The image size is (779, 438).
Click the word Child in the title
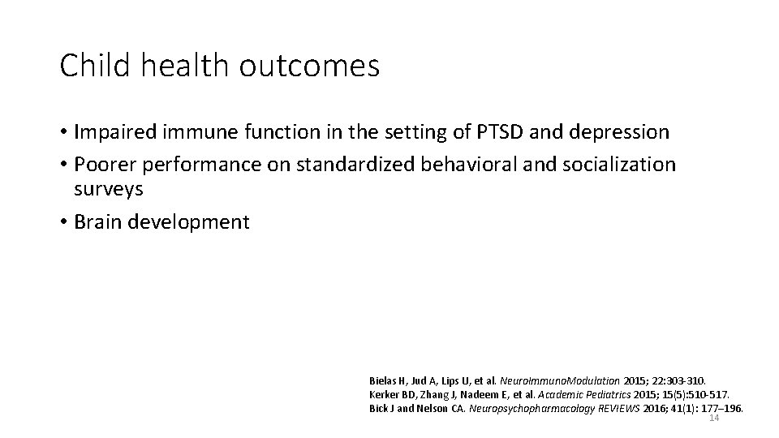pos(90,66)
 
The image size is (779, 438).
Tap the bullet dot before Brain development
pos(63,222)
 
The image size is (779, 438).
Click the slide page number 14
pos(714,419)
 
